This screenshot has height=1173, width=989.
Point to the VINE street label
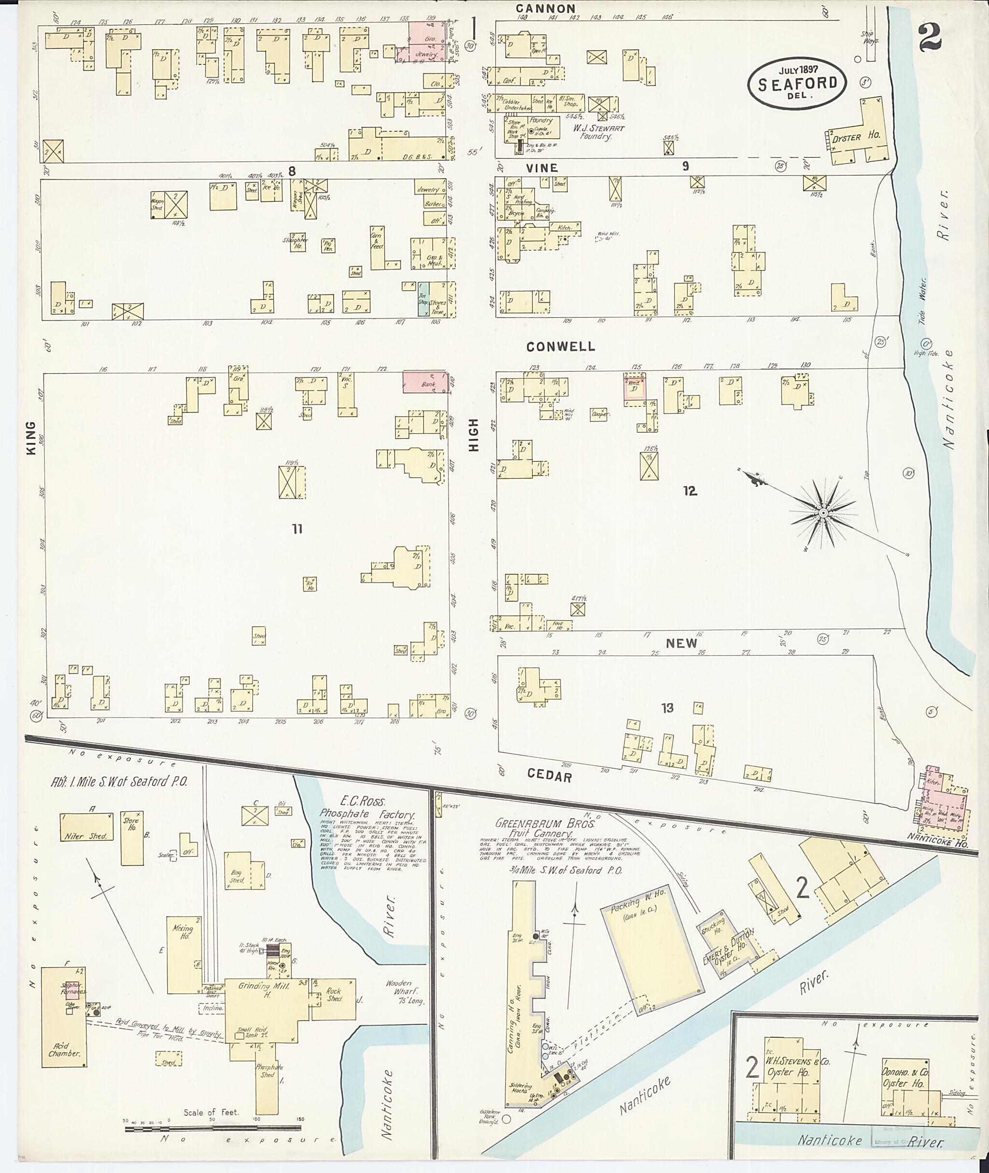coord(542,168)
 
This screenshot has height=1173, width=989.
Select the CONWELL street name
coord(560,347)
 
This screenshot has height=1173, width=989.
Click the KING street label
coord(31,438)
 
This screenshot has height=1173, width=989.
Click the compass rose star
coord(823,513)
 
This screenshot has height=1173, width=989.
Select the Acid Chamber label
coord(63,1049)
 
